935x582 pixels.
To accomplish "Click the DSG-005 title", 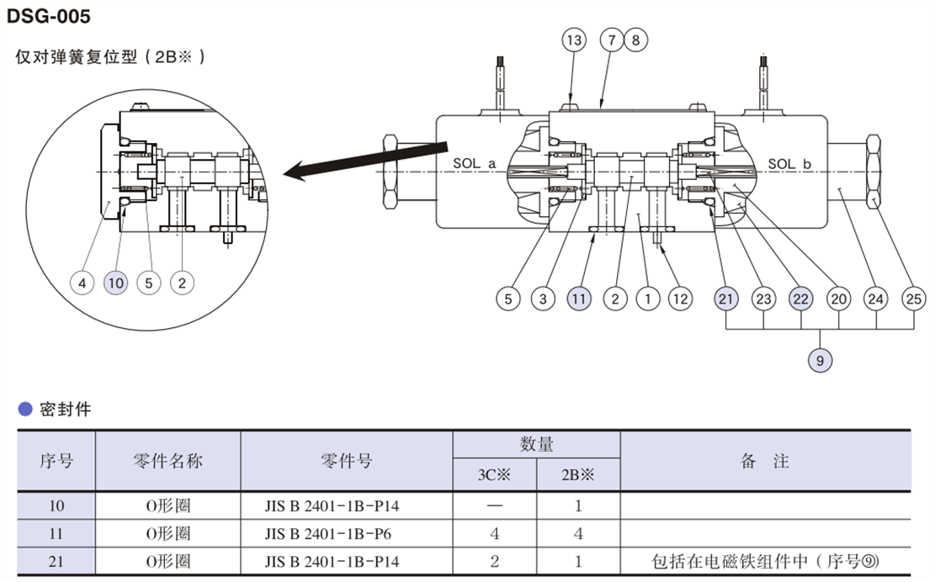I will tap(49, 16).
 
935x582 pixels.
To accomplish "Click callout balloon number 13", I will tap(574, 40).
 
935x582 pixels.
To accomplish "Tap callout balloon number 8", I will tap(635, 40).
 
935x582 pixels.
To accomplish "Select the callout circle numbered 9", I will tap(821, 361).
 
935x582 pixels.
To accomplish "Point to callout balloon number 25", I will tap(914, 298).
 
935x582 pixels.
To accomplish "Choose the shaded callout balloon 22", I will tap(801, 298).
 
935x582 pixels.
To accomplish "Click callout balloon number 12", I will tap(680, 298).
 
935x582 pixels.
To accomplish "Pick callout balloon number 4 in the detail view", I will tap(82, 283).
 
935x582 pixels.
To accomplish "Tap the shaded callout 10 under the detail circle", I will tap(115, 283).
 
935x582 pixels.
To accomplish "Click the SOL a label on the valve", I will tap(474, 164).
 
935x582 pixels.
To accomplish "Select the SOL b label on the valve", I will tap(789, 164).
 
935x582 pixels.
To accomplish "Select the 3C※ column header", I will tap(494, 474).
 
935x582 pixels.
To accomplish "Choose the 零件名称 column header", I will tap(167, 461).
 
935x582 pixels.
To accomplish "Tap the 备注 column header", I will tap(764, 461).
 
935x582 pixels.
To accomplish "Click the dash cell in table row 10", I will tap(494, 506).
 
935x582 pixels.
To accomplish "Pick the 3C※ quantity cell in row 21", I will tap(494, 560).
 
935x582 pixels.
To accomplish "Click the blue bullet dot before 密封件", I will tap(25, 410).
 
